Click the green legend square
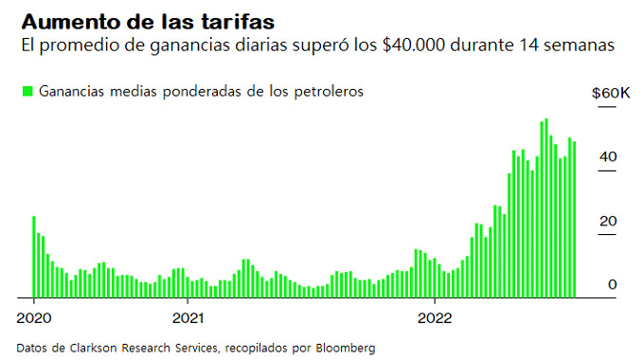27,91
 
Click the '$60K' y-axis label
610,93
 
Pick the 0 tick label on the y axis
613,284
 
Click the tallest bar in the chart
546,208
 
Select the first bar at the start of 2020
34,256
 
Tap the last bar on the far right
574,219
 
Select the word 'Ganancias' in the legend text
71,91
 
